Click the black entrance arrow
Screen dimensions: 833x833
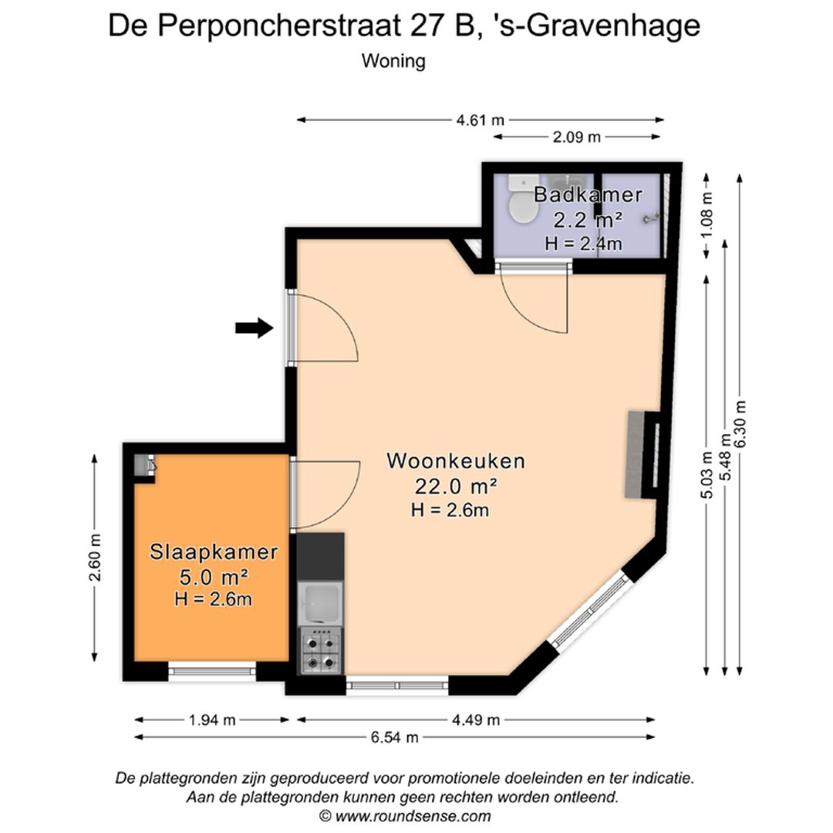tap(255, 328)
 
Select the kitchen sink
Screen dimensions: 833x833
tap(320, 603)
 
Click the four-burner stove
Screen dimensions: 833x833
tap(321, 650)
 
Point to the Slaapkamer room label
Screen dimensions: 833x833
tap(214, 552)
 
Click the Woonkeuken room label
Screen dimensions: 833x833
tap(456, 460)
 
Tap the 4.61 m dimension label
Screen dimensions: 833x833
tap(481, 120)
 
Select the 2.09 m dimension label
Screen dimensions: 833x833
tap(576, 137)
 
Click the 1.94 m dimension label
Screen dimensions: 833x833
tap(212, 720)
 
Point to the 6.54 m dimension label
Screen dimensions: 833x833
tap(395, 737)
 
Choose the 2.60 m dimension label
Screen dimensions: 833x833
tap(95, 558)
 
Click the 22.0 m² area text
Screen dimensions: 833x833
tap(456, 486)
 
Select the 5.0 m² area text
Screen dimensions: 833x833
tap(214, 576)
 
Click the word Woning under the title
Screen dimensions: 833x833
tap(393, 61)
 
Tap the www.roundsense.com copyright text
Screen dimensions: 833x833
tap(405, 816)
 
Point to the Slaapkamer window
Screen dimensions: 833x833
tap(212, 671)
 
